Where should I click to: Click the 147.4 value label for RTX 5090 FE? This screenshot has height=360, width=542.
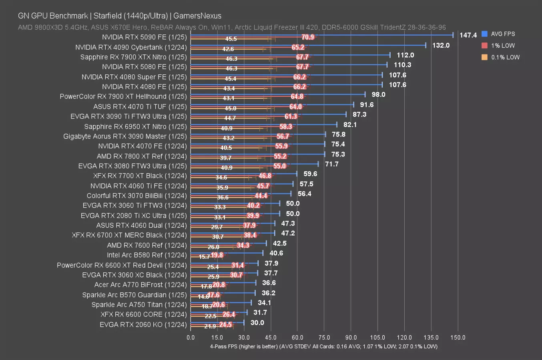tap(468, 35)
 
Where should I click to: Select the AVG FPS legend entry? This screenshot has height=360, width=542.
tap(502, 34)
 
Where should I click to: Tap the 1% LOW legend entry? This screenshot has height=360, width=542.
tap(502, 46)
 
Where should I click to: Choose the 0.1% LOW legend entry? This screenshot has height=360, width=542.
tap(505, 57)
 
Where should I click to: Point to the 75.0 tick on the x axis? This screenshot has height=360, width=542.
tap(324, 338)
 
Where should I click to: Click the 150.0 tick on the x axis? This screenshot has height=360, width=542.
tap(458, 338)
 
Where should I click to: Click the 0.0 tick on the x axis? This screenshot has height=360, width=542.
tap(191, 338)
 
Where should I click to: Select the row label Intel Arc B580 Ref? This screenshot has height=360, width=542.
tap(147, 255)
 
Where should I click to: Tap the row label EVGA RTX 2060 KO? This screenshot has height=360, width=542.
tap(143, 324)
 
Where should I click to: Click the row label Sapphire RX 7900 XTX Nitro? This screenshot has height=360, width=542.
tap(133, 57)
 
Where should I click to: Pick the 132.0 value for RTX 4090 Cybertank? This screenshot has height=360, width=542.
tap(441, 45)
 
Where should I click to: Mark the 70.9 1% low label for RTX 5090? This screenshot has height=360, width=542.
tap(308, 37)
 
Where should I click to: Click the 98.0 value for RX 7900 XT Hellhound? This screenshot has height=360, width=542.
tap(378, 94)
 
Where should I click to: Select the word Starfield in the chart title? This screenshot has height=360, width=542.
tap(107, 16)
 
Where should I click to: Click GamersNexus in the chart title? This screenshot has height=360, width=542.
tap(197, 16)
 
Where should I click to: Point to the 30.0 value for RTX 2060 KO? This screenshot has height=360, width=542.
tap(257, 323)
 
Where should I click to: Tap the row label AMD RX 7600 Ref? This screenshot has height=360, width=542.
tap(147, 245)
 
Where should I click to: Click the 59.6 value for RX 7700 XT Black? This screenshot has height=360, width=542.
tap(310, 174)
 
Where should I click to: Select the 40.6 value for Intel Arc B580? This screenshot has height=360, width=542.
tap(276, 253)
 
